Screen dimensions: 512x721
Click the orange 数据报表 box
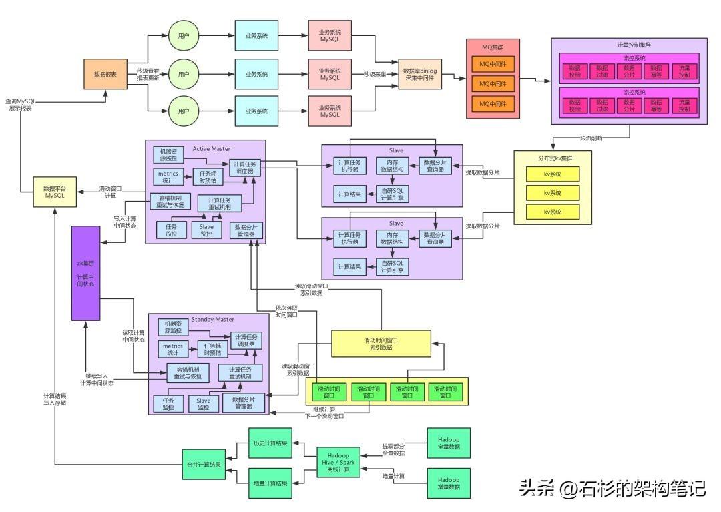[x=105, y=74]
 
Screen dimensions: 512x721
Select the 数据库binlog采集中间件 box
[x=420, y=75]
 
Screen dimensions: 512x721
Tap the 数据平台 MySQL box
[x=55, y=192]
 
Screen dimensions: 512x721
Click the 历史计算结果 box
[x=270, y=444]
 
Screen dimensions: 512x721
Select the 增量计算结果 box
[x=270, y=483]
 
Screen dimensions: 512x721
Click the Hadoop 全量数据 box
[x=449, y=444]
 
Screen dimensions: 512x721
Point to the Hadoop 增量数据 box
[x=449, y=483]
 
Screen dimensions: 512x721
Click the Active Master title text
[x=211, y=148]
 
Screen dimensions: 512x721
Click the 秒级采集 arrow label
[x=375, y=74]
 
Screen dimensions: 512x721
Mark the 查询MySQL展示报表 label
[x=21, y=104]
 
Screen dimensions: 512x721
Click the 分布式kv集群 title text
[x=555, y=159]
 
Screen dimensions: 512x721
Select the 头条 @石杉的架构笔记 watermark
[x=613, y=489]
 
